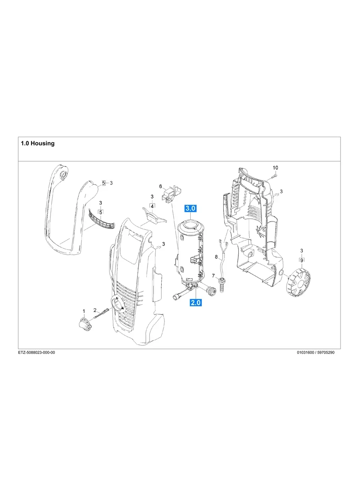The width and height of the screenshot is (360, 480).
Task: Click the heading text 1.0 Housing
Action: pos(38,143)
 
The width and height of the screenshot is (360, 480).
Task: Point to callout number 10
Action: pos(275,167)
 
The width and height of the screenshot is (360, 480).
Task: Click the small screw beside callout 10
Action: pos(275,175)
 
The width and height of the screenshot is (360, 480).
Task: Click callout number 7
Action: pos(213,276)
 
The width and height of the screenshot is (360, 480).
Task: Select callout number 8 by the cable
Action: pos(216,257)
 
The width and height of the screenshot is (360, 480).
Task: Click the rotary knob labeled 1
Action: pos(84,324)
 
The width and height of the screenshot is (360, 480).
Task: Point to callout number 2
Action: pos(95,310)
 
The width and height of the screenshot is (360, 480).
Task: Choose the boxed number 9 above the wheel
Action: pos(302,260)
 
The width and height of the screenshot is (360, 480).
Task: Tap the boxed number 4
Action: pos(152,206)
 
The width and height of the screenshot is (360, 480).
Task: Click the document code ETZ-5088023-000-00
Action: pos(37,352)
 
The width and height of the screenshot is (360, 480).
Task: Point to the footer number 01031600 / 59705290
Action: pos(315,352)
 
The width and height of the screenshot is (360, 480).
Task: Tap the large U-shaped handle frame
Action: pos(68,215)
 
